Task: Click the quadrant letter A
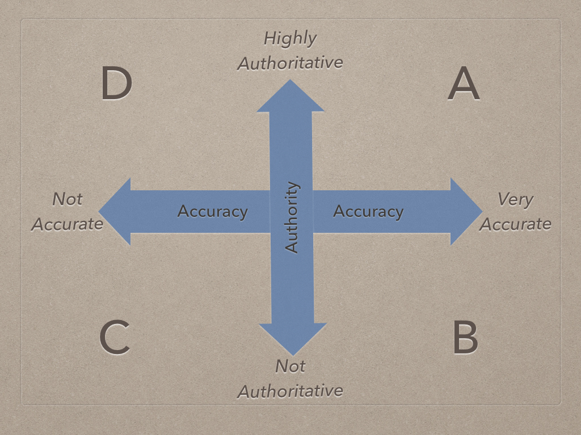coord(464,85)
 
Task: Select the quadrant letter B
coord(465,338)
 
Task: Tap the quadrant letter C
coord(115,338)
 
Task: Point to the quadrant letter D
coord(116,83)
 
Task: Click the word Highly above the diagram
coord(290,39)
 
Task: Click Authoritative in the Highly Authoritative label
coord(290,63)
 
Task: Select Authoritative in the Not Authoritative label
coord(290,391)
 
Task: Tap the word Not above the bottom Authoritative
coord(290,366)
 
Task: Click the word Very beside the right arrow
coord(515,200)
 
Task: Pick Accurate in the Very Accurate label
coord(515,224)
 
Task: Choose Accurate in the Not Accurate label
coord(68,224)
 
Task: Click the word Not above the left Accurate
coord(68,199)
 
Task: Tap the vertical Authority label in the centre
coord(292,217)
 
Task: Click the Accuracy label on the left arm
coord(212,212)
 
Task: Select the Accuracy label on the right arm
coord(368,212)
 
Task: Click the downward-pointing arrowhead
coord(293,338)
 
